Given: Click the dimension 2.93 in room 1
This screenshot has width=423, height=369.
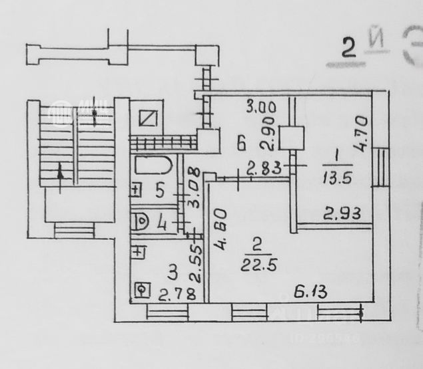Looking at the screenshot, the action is click(x=338, y=214).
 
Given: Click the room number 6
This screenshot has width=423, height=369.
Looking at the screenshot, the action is click(x=242, y=142).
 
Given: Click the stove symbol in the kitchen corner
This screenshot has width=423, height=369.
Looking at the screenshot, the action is click(x=141, y=289).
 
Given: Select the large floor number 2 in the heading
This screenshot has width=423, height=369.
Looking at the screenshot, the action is click(x=348, y=49).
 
